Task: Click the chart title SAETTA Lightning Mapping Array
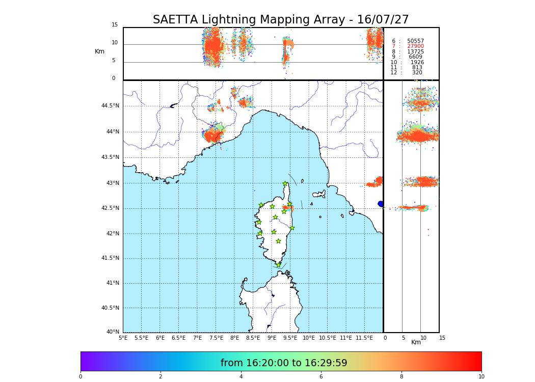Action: click(281, 20)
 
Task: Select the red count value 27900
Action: click(415, 46)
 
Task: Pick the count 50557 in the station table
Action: click(415, 41)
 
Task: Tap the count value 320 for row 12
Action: click(417, 73)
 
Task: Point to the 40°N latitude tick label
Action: click(113, 332)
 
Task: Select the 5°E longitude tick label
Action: click(123, 338)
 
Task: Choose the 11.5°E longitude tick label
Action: click(364, 338)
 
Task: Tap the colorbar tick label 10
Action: click(481, 377)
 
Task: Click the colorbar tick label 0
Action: click(81, 377)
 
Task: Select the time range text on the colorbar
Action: click(284, 363)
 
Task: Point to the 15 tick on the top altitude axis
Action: click(115, 25)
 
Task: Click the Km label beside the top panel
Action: click(99, 51)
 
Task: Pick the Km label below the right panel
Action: click(416, 342)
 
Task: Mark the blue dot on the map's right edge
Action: click(381, 204)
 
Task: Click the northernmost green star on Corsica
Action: click(285, 184)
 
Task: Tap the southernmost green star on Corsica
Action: click(278, 265)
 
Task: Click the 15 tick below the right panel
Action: click(442, 338)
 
